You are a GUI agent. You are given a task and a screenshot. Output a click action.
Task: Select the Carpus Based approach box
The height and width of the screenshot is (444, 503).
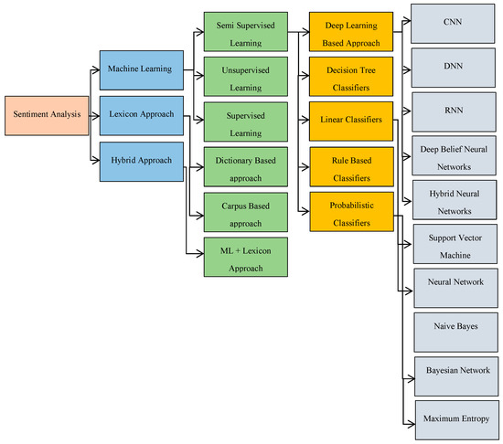coord(245,209)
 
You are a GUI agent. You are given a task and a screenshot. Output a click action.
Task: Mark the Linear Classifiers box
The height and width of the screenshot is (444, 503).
coord(348,121)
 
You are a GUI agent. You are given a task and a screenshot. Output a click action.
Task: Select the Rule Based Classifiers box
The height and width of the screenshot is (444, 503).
coord(348,164)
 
